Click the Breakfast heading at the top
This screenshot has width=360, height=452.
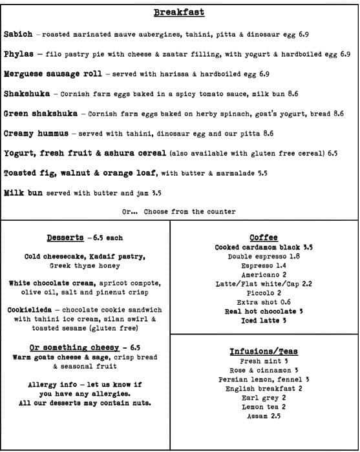(179, 13)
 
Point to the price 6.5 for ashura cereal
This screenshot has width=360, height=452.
(332, 154)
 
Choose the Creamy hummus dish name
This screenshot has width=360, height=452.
(36, 134)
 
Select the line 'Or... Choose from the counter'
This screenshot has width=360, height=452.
(179, 211)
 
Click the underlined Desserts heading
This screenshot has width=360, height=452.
(65, 238)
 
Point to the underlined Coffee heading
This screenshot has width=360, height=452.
(263, 238)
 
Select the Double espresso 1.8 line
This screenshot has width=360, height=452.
(263, 256)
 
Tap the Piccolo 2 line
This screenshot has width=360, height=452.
(263, 293)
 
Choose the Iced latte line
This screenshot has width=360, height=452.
(263, 320)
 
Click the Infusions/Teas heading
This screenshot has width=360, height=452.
(263, 351)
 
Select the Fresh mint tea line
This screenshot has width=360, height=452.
(263, 362)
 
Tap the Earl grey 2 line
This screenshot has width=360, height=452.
(263, 398)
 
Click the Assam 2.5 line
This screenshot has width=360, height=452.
(263, 416)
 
